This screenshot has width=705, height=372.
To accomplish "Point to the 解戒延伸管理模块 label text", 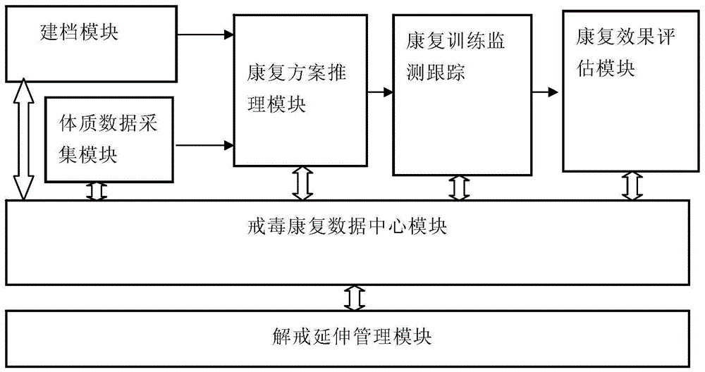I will pyautogui.click(x=351, y=335).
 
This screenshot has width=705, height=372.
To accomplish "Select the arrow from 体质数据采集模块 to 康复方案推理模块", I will pyautogui.click(x=204, y=146).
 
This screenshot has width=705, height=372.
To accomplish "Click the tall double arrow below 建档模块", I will pyautogui.click(x=24, y=139).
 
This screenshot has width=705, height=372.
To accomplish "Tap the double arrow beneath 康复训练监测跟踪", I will pyautogui.click(x=459, y=187).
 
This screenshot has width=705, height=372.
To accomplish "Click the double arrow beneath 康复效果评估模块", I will pyautogui.click(x=632, y=185).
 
